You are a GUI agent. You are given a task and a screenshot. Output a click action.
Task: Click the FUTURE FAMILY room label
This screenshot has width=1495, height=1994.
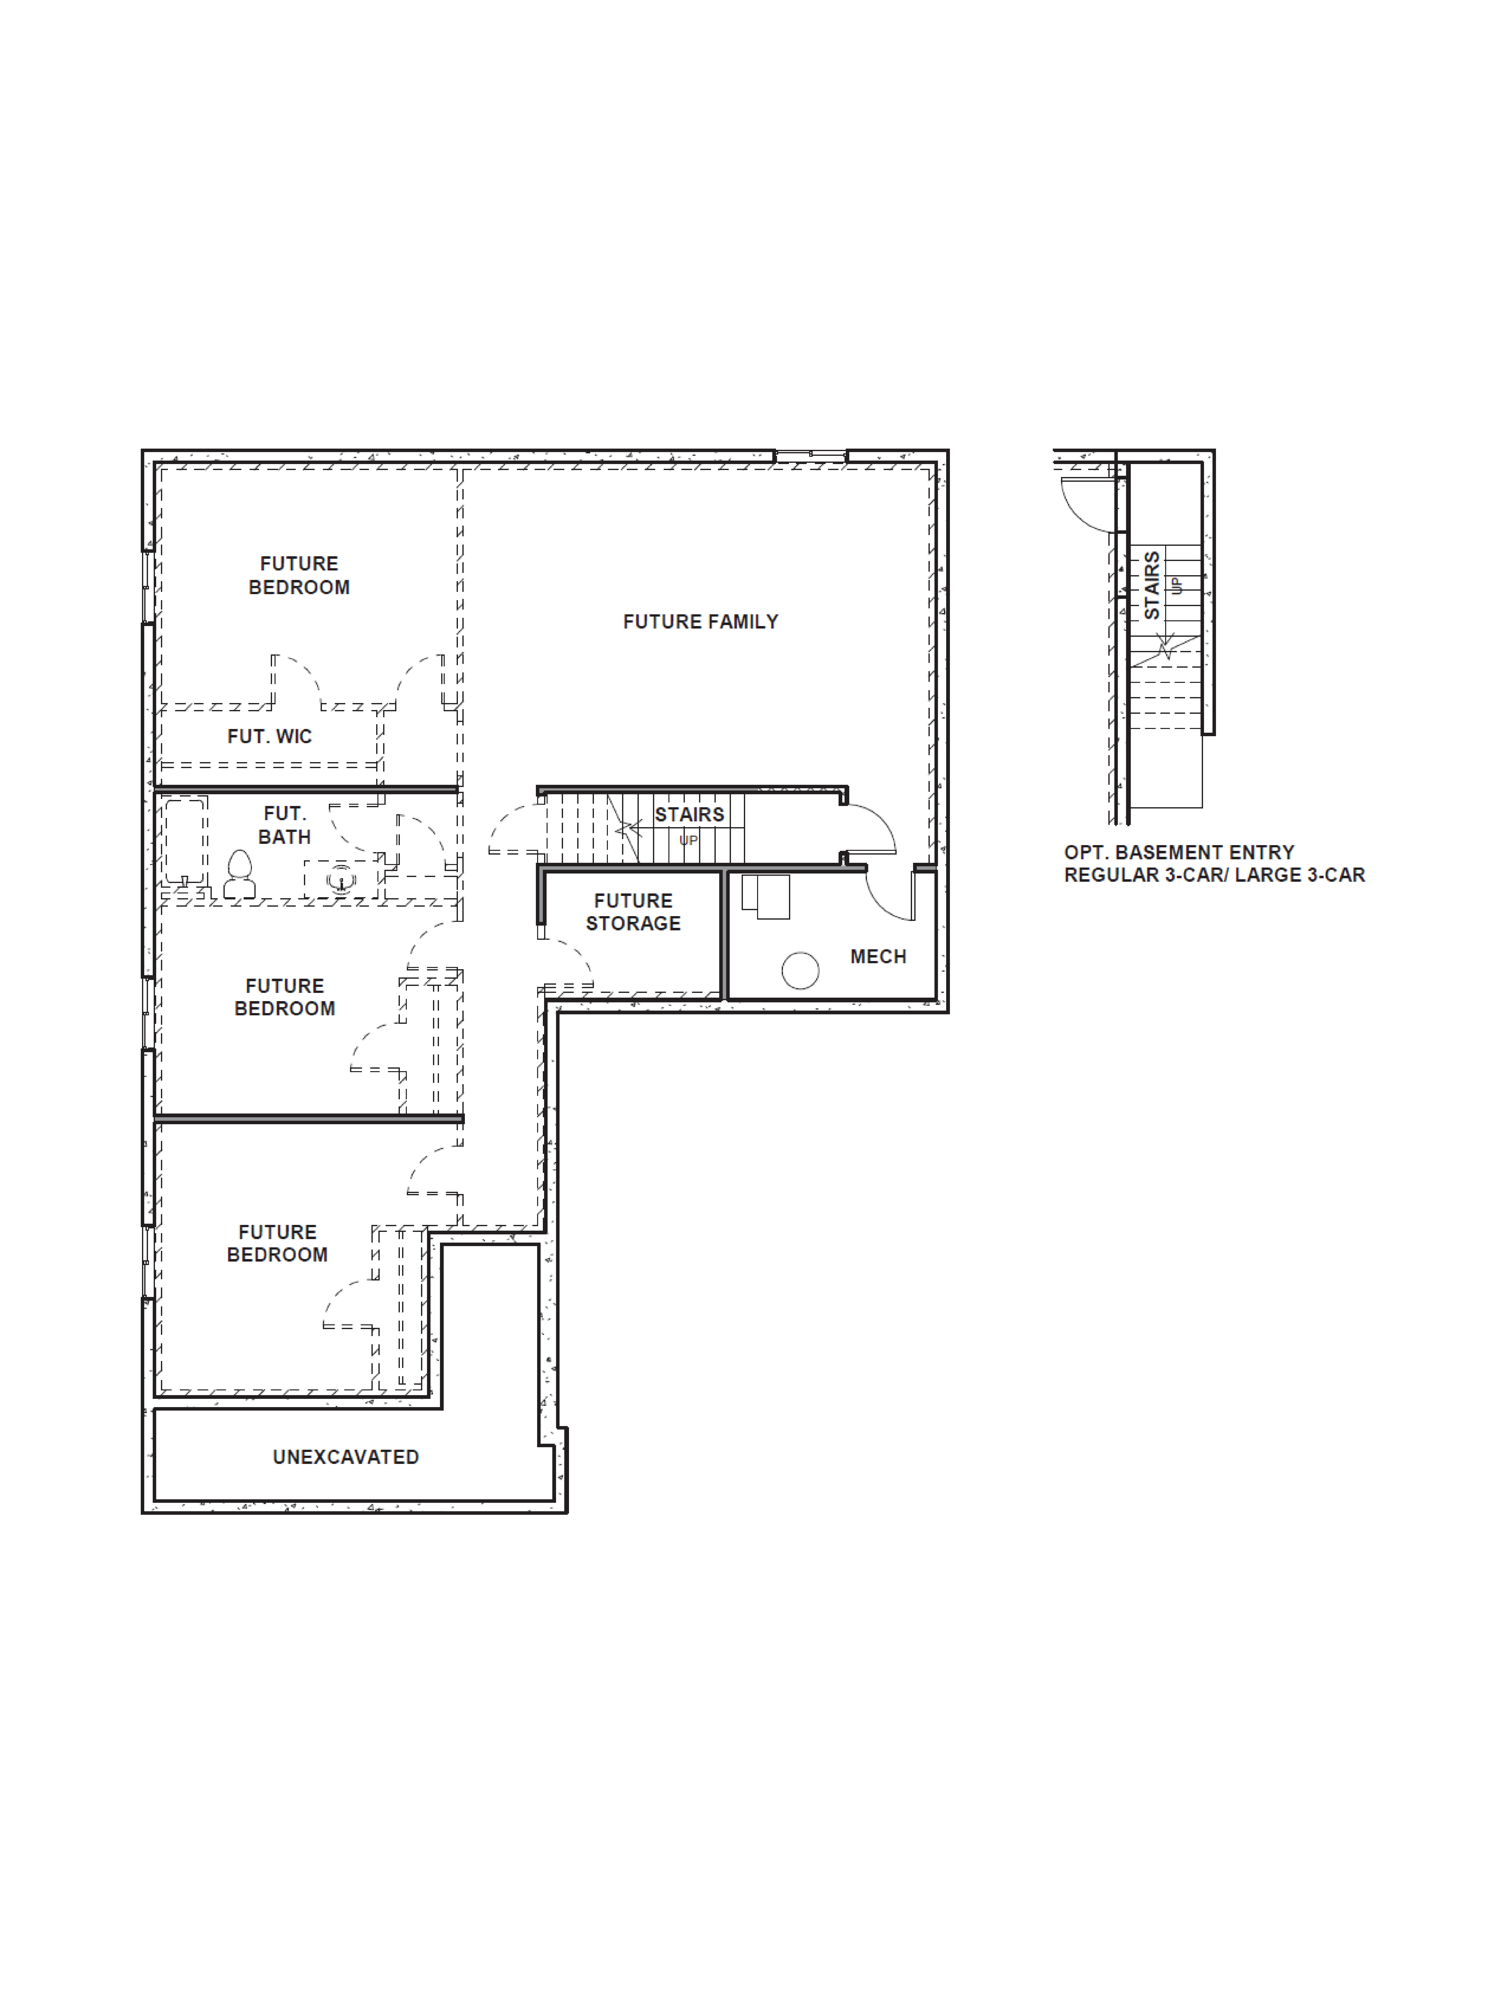(x=700, y=622)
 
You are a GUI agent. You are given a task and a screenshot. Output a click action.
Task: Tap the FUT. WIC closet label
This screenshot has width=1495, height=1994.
(x=270, y=736)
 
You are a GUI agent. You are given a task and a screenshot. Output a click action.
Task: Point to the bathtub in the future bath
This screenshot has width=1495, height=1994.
(x=185, y=840)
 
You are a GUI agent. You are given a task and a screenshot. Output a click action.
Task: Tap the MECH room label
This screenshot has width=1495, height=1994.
(x=878, y=957)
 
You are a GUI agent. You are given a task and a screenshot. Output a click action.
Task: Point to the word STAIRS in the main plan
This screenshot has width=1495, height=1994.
(x=689, y=815)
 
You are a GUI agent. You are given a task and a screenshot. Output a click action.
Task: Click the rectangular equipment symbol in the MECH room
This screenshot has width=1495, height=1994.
(x=766, y=896)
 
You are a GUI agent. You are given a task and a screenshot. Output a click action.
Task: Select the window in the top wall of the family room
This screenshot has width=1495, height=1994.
(x=810, y=456)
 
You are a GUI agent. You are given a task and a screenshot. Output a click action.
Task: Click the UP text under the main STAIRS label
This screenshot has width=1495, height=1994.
(x=689, y=840)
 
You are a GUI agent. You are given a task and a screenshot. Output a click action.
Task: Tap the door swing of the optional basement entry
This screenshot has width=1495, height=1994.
(x=1086, y=505)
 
